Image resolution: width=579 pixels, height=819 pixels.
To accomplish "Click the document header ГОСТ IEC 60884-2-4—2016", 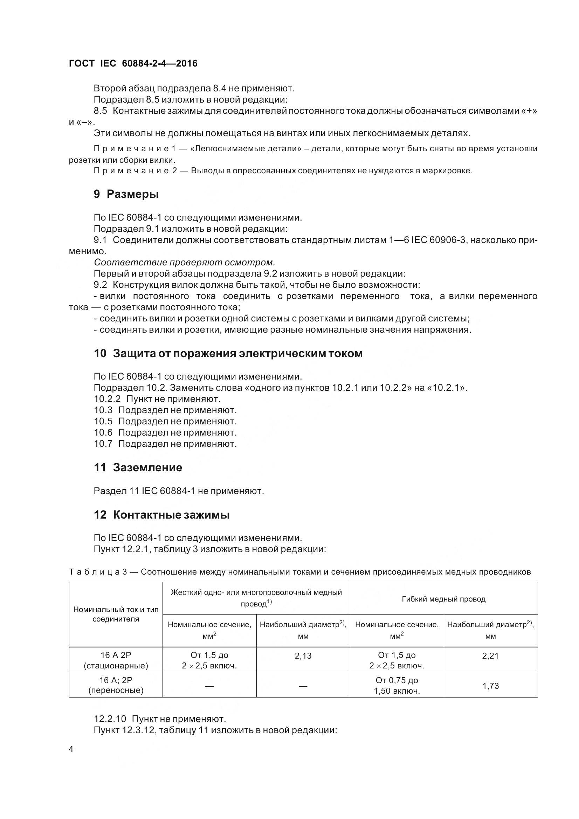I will (x=133, y=63).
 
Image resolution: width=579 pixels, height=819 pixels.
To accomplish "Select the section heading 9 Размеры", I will (x=126, y=194).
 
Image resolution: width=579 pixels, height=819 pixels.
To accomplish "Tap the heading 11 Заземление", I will (x=138, y=467).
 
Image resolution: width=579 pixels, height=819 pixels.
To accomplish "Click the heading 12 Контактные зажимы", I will (x=161, y=515).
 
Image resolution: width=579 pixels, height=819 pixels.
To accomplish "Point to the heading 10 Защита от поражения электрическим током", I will (x=228, y=353).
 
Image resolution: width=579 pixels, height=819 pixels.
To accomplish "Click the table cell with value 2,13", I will (x=303, y=655).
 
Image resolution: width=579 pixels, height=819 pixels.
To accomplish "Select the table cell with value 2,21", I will (x=490, y=655).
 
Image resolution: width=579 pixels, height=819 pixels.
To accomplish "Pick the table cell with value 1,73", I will (x=490, y=686).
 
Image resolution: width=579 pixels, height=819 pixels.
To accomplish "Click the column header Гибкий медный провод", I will (x=443, y=599).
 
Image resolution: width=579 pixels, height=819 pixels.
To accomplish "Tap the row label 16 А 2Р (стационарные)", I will (x=116, y=660).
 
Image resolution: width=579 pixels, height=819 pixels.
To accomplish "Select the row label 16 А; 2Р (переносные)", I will (x=116, y=685).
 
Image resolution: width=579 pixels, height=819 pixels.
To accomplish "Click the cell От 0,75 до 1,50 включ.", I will (x=397, y=685).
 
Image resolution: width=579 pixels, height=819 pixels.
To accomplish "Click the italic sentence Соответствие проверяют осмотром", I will (x=185, y=263).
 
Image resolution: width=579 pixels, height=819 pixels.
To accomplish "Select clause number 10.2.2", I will (x=107, y=399).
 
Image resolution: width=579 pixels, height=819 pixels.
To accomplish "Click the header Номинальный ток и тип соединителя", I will (x=116, y=614).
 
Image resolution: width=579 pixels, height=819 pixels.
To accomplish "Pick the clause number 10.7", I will (x=103, y=444).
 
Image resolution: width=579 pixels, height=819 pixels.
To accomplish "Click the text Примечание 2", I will (x=135, y=171).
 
